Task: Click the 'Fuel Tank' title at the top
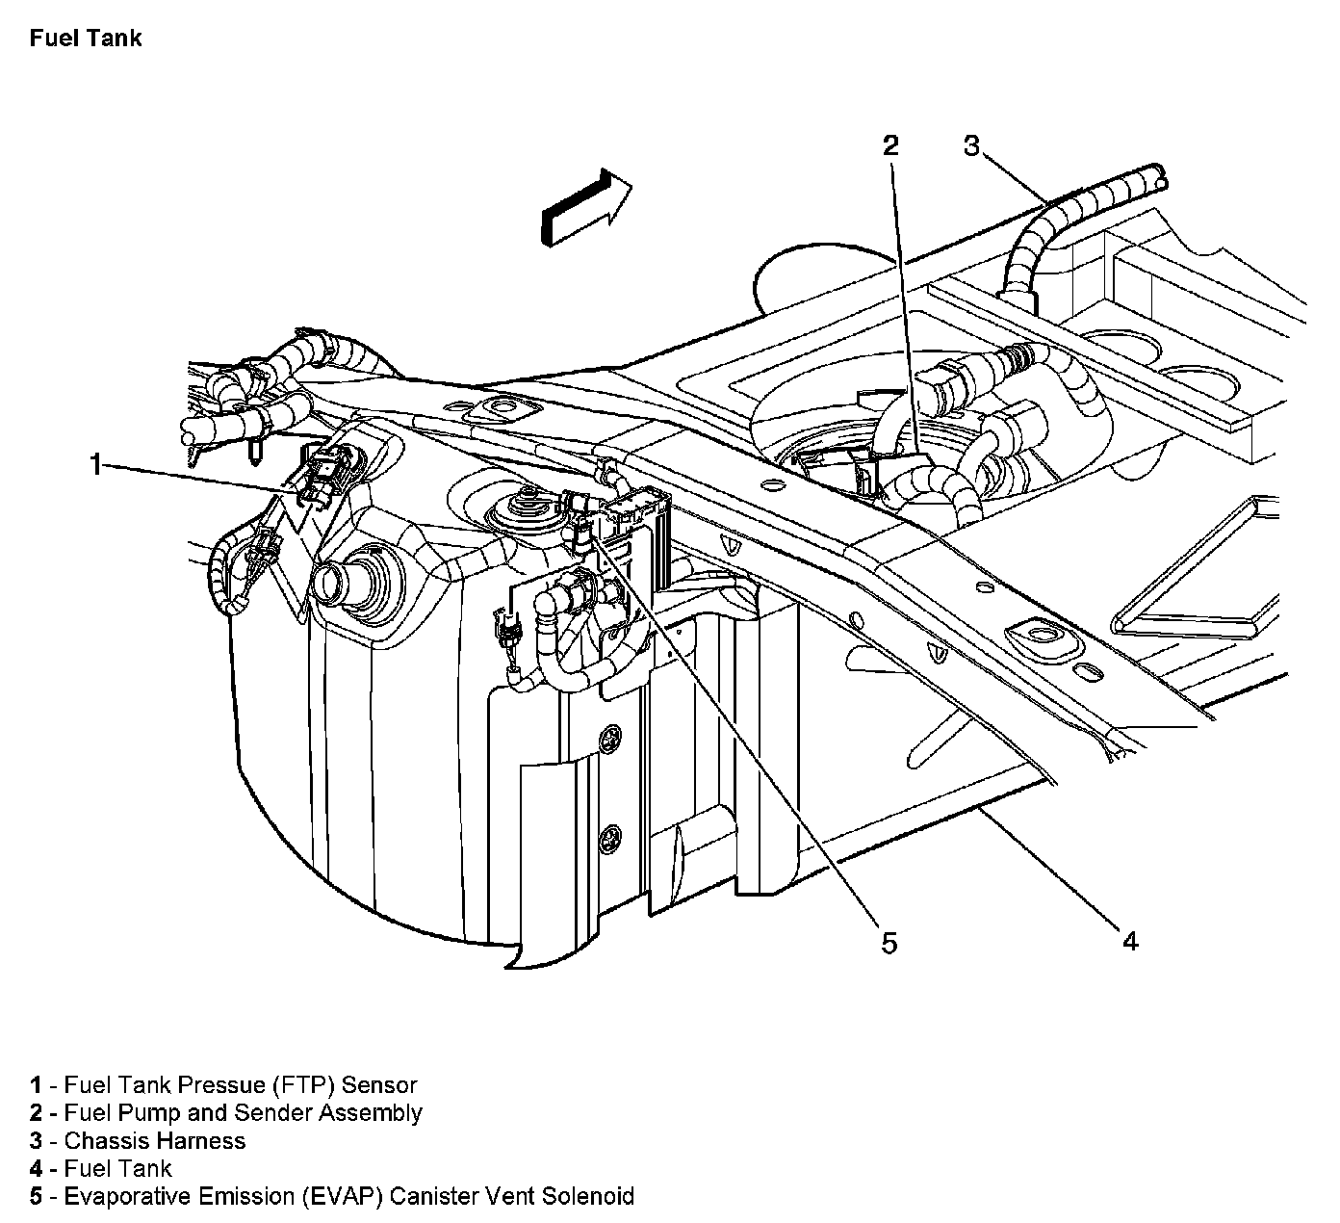86,39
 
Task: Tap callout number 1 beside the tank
95,465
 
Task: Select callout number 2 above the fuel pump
890,145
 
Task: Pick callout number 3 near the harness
971,145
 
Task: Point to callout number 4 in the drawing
1130,941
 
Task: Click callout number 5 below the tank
889,943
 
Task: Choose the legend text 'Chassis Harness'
155,1141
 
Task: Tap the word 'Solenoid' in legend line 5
587,1197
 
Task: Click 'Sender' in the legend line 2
280,1113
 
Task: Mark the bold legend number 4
36,1169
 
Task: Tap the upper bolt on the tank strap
608,739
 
